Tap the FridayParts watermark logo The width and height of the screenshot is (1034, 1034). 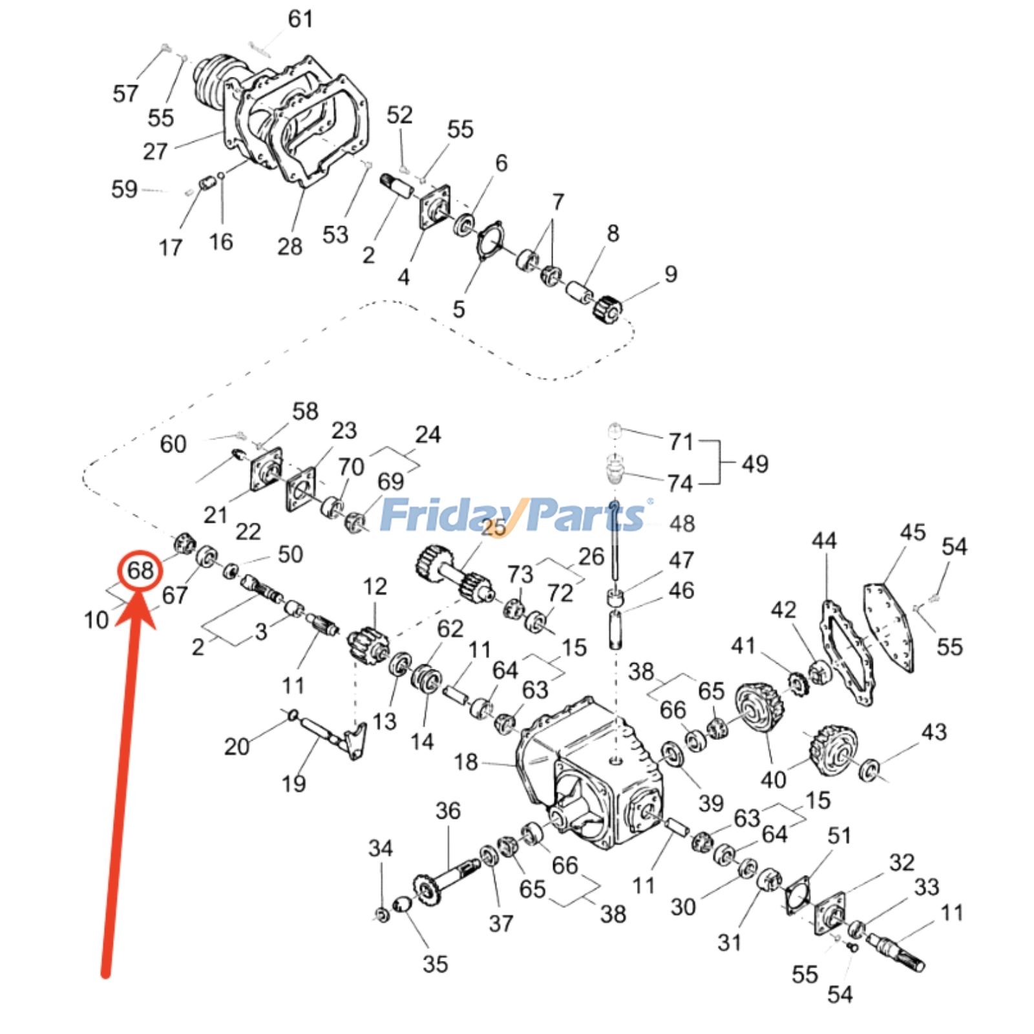click(514, 516)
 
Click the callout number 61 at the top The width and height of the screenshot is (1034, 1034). click(301, 19)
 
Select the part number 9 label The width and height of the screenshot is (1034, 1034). click(671, 274)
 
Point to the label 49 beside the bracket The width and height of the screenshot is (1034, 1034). click(755, 464)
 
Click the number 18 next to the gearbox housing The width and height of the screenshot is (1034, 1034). click(466, 762)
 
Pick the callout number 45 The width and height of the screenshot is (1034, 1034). click(913, 533)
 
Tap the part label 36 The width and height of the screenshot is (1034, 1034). click(448, 810)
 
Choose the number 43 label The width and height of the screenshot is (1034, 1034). click(934, 732)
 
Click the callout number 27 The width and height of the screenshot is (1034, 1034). click(155, 152)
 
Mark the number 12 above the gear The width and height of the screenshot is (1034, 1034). click(375, 586)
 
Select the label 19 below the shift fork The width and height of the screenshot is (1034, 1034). click(293, 784)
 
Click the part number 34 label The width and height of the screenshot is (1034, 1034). click(381, 848)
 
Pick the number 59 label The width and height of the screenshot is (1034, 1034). click(124, 189)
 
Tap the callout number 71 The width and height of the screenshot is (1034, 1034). click(681, 442)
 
